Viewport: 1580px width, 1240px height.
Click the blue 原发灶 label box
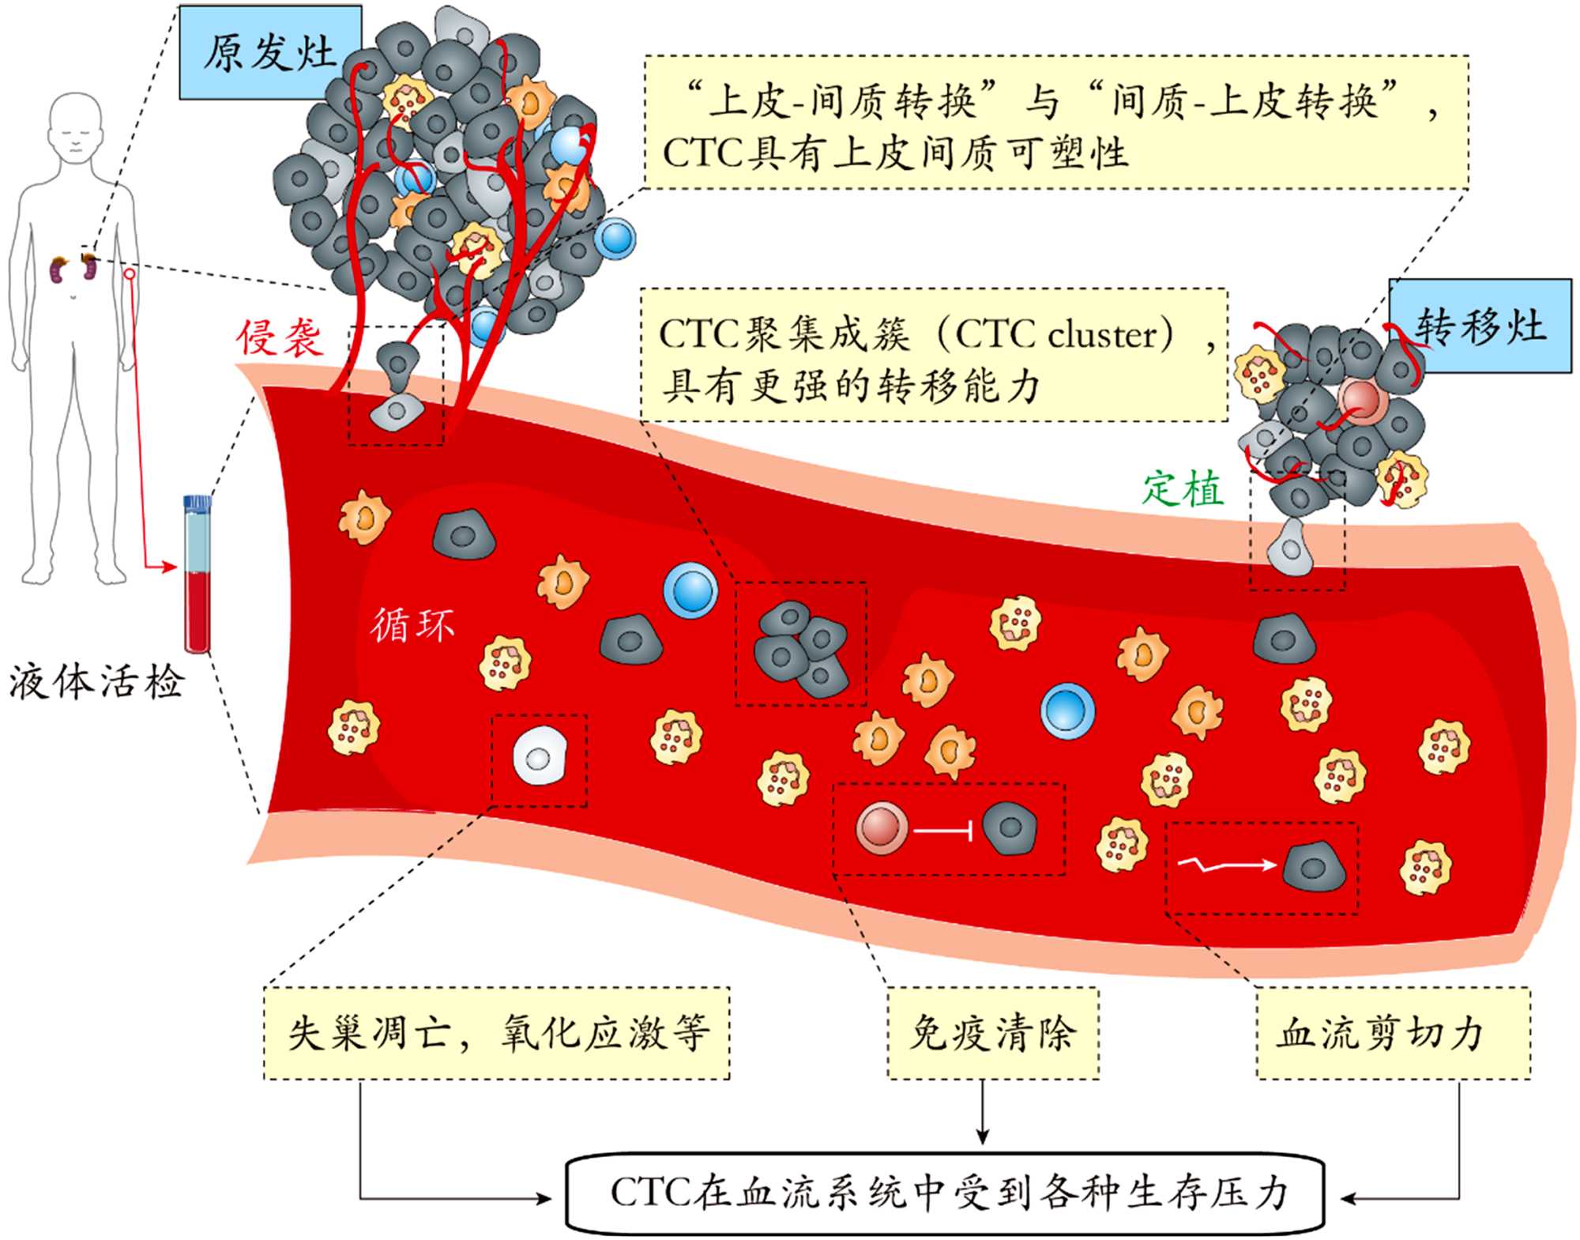(269, 52)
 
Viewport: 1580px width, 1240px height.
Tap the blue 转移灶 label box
(1480, 326)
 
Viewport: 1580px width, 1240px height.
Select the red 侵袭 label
(279, 338)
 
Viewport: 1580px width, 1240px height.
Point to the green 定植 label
(1183, 488)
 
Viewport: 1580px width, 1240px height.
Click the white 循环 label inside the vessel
(412, 624)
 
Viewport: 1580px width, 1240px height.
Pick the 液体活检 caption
(96, 681)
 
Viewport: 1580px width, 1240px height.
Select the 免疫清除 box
(992, 1032)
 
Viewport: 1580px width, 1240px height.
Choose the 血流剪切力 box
(1393, 1032)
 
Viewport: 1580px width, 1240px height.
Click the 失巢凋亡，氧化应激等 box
(496, 1032)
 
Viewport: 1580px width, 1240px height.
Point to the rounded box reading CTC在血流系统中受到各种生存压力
(945, 1193)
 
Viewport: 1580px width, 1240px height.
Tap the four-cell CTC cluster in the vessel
(801, 648)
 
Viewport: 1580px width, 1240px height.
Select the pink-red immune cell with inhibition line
(881, 828)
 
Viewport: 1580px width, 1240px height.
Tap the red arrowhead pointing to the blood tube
(167, 567)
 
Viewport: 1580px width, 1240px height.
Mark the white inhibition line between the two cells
(942, 831)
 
